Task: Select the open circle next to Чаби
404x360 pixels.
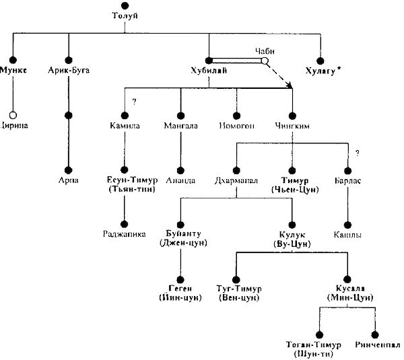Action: [265, 61]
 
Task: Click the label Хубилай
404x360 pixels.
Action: [208, 70]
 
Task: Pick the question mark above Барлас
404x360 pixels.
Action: [357, 153]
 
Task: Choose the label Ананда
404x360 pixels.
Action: [180, 180]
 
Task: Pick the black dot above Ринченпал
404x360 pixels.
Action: [374, 334]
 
